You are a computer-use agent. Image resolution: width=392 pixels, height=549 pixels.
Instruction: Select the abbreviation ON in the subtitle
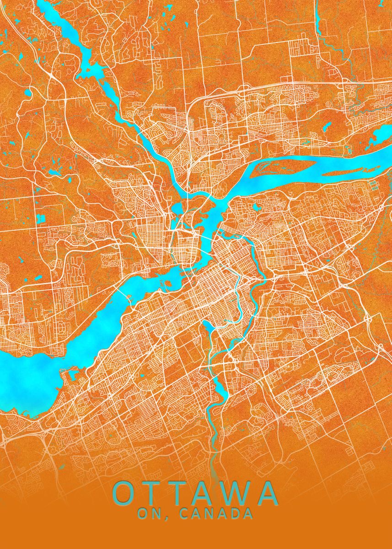click(147, 514)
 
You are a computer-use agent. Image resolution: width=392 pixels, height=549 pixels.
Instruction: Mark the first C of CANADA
click(184, 514)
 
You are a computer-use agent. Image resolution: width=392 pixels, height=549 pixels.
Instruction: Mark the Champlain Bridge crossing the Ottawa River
click(123, 292)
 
